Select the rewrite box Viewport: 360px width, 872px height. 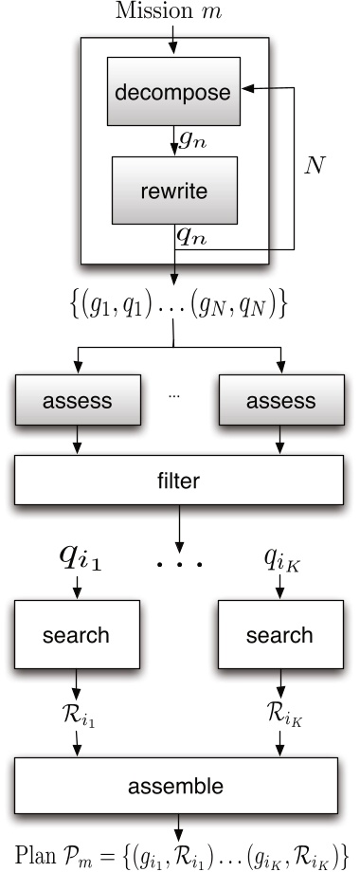173,190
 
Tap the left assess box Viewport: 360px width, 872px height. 77,401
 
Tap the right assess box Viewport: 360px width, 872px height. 280,401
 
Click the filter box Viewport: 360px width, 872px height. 179,481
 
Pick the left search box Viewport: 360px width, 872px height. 77,634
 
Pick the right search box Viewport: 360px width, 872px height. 279,634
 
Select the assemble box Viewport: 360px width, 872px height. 179,786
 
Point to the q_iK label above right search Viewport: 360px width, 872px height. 280,560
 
